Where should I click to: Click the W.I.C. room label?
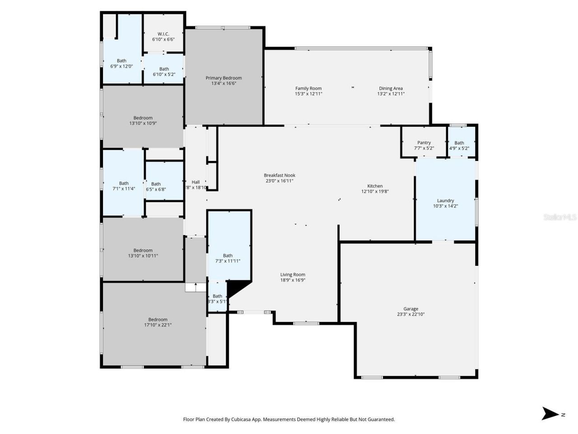(163, 34)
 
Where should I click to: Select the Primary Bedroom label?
(224, 78)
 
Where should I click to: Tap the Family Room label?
(308, 89)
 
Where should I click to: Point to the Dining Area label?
(391, 89)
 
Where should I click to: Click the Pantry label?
(424, 143)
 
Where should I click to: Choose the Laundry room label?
(445, 201)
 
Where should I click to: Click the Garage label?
(410, 309)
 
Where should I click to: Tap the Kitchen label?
(375, 186)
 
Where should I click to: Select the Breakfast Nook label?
(280, 175)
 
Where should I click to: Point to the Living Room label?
(293, 275)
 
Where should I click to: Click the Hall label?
(196, 182)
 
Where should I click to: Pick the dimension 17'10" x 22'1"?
(158, 325)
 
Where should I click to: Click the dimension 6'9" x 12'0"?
(121, 66)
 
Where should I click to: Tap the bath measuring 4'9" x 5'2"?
(459, 146)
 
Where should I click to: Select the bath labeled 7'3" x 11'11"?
(228, 259)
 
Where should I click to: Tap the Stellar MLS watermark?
(559, 217)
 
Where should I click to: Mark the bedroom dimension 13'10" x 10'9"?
(143, 123)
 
